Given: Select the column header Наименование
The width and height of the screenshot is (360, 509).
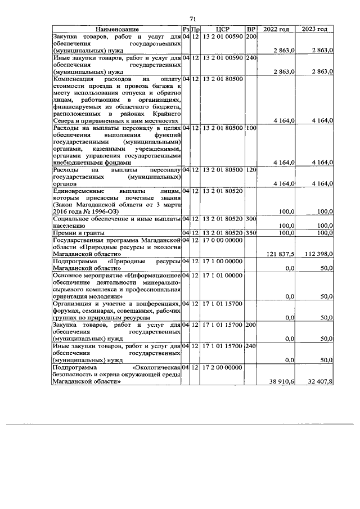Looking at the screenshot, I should click(116, 29).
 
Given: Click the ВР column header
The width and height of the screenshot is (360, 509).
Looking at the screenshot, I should click(251, 29).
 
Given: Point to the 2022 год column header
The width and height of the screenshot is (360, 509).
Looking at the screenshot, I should click(277, 29).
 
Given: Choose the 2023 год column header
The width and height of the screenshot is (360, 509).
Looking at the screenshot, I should click(314, 29).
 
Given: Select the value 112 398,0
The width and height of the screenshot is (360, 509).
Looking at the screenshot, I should click(317, 254).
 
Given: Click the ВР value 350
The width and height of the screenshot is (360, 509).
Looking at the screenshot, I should click(251, 232).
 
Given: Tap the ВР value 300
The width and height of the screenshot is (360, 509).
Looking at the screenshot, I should click(251, 219).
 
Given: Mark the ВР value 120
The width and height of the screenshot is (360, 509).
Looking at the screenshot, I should click(251, 169).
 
